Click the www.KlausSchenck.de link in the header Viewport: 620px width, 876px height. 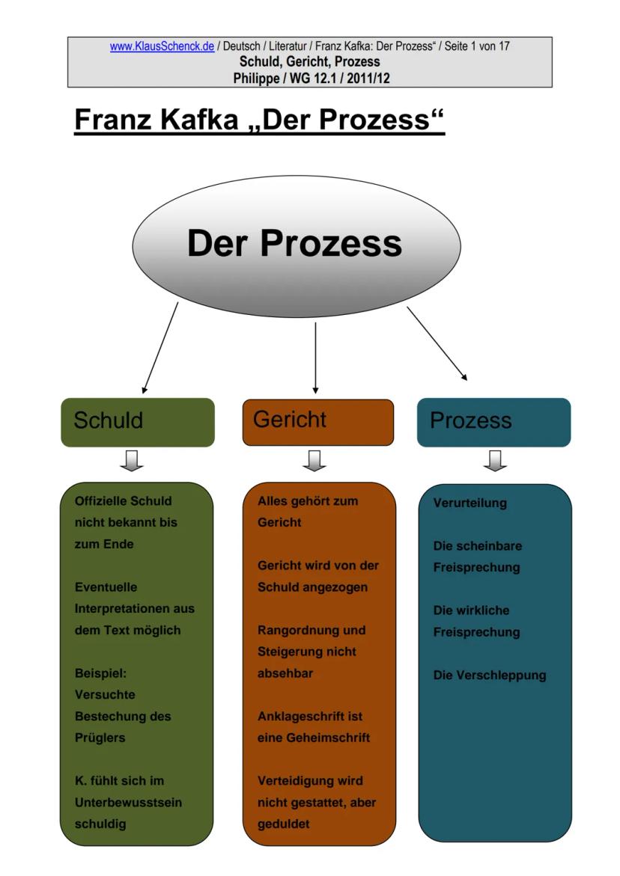(162, 46)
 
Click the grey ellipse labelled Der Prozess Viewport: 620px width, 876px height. (296, 245)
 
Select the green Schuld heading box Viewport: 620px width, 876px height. (137, 422)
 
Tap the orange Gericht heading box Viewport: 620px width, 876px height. (317, 422)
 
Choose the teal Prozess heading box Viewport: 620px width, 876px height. (493, 422)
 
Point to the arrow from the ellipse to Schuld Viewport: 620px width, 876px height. (160, 347)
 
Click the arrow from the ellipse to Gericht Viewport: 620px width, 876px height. (315, 358)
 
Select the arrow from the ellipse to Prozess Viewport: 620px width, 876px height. (437, 343)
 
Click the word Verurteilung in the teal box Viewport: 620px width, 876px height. (469, 503)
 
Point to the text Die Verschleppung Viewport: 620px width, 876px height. (490, 676)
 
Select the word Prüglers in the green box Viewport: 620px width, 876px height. (100, 738)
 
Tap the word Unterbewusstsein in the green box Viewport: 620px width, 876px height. (128, 803)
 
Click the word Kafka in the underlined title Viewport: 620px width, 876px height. (198, 120)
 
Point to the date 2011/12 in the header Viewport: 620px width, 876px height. (368, 77)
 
